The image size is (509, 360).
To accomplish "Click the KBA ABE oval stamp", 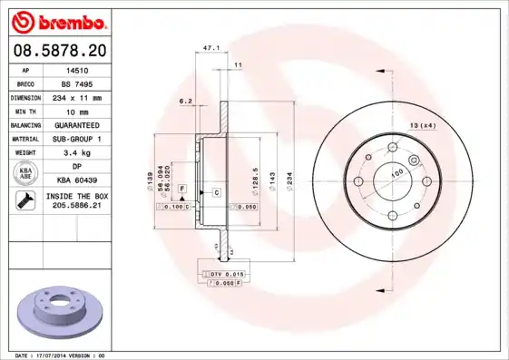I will click(x=26, y=173).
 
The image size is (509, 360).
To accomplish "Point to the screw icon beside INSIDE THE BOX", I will click(x=22, y=201).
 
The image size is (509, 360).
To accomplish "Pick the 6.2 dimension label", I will click(x=187, y=101).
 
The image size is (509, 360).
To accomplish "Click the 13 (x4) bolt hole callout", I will click(x=423, y=124).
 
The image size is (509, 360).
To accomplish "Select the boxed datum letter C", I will click(x=218, y=193).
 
